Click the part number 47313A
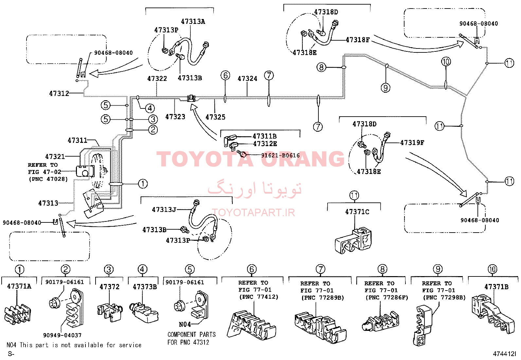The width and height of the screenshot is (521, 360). tap(193, 22)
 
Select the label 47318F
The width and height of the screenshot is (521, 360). tap(357, 40)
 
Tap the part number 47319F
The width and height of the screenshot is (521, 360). tap(412, 142)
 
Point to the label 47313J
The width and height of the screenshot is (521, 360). tap(164, 210)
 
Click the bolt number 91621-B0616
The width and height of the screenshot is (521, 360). tap(280, 155)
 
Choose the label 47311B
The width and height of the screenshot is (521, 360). tap(265, 136)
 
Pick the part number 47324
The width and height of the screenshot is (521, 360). tap(247, 79)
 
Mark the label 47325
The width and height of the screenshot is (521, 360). tap(215, 117)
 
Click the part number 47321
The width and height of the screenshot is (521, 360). tap(55, 157)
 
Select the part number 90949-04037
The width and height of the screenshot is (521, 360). tap(62, 335)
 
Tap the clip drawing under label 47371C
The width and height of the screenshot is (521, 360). tap(353, 241)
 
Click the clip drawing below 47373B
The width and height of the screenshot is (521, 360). tap(144, 312)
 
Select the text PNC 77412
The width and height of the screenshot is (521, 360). tap(259, 297)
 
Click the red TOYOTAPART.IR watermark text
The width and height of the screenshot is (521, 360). tap(253, 212)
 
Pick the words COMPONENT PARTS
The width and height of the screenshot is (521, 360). tap(192, 335)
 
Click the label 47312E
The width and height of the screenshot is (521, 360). tap(265, 144)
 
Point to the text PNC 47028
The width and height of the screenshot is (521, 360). tap(48, 179)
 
